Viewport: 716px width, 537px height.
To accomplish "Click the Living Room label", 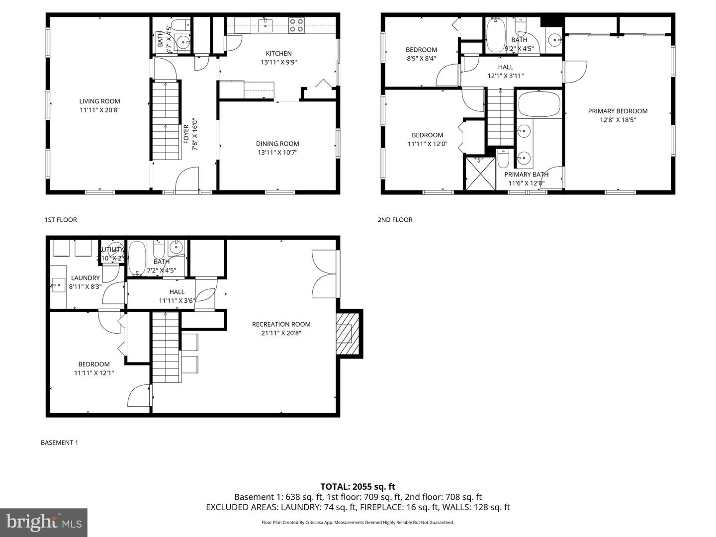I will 99,101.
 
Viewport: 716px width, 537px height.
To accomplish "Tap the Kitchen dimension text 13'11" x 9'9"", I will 278,63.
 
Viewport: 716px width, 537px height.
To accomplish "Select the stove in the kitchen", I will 296,25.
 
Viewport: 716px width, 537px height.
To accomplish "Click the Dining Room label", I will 277,144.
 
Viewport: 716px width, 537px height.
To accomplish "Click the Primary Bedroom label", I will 618,111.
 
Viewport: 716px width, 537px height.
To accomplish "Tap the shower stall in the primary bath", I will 479,173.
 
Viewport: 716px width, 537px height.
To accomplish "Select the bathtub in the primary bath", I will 539,104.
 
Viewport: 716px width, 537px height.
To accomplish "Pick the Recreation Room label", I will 281,324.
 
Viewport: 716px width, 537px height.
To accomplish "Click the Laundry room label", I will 85,278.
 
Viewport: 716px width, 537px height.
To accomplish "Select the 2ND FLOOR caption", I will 395,220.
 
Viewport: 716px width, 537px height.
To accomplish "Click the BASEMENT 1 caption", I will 59,443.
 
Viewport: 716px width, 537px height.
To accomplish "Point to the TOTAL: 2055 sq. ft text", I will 358,487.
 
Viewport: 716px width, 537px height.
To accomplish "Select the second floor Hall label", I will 505,67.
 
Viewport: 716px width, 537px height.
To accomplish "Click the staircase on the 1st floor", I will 165,121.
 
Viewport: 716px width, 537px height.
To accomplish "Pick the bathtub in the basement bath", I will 137,258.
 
